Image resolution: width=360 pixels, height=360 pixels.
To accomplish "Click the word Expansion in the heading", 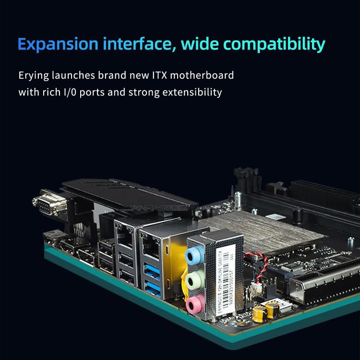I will tap(56, 45).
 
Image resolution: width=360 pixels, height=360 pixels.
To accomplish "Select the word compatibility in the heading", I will tap(276, 45).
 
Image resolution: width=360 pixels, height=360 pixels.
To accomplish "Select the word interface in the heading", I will tap(133, 45).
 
